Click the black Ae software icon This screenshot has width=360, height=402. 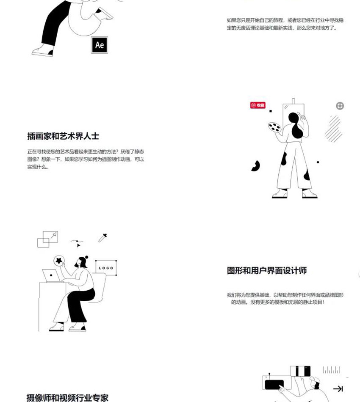pos(100,45)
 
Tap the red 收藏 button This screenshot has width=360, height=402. pos(258,105)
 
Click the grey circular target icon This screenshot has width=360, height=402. pos(340,106)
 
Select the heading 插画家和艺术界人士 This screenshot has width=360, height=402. pos(63,136)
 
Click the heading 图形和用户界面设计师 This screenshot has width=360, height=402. pos(267,270)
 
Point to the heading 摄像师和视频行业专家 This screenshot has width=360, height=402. pos(67,398)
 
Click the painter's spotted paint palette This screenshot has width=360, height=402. pos(274,127)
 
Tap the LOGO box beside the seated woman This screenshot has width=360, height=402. pos(106,268)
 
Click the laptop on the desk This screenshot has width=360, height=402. pos(51,275)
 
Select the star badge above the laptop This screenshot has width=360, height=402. pos(59,261)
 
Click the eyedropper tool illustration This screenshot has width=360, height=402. pos(102,238)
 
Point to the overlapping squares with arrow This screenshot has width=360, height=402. pos(48,239)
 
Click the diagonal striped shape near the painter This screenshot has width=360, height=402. pos(333,129)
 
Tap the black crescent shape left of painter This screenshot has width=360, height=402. pos(256,166)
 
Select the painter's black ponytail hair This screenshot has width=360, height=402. pos(296,126)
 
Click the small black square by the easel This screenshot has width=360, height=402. pos(271,111)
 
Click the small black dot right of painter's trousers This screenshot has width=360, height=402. pos(318,162)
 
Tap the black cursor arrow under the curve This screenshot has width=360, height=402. pos(78,245)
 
